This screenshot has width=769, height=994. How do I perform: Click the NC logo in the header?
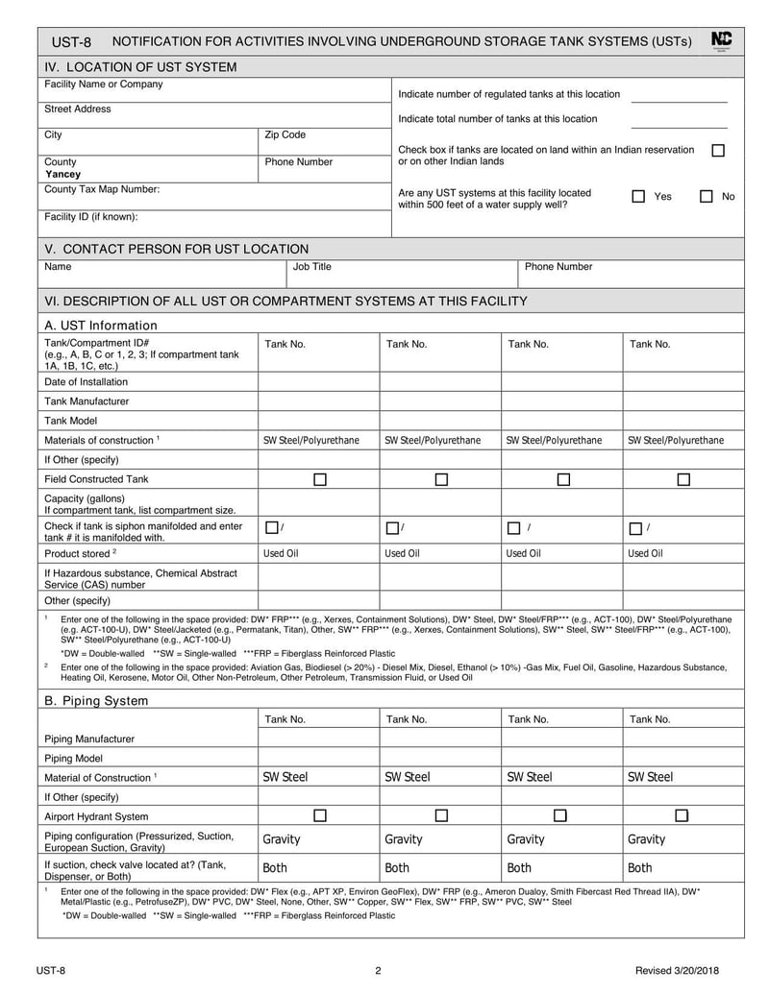coord(721,40)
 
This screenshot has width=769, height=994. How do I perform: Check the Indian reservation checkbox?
coord(717,151)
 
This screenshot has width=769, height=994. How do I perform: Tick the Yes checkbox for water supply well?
coord(638,197)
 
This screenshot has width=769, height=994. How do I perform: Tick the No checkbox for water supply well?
coord(706,197)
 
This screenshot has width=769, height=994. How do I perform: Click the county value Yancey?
coord(63,176)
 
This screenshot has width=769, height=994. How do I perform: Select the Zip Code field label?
coord(285,135)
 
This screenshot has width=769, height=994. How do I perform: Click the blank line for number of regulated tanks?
coord(679,95)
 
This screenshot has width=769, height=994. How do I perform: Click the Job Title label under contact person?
coord(312,267)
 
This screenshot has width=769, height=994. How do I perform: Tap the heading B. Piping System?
coord(96,701)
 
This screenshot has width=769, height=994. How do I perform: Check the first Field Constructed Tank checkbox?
coord(320,479)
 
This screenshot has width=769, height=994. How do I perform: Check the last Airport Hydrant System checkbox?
coord(682,816)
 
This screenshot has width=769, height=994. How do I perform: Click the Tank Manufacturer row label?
coord(87,401)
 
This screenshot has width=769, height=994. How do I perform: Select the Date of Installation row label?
coord(86,381)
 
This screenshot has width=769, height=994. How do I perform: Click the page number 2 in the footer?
coord(378,971)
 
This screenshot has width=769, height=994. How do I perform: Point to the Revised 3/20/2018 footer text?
coord(684,971)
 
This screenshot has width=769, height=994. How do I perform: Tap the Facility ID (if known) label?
coord(90,217)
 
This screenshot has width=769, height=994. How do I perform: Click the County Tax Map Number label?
coord(102,190)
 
